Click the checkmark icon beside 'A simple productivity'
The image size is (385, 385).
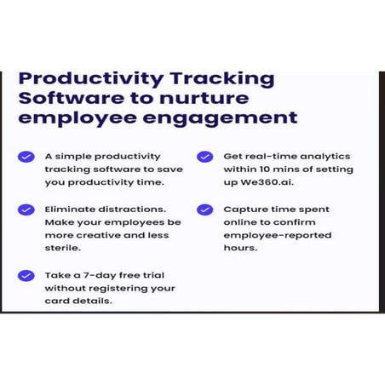(26, 157)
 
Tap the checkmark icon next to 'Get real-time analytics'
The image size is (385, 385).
(204, 157)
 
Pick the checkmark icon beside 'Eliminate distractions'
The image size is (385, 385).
(26, 209)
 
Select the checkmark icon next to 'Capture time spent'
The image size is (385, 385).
(204, 209)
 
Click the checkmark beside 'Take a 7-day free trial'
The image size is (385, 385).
(26, 275)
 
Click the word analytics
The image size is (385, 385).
(321, 157)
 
